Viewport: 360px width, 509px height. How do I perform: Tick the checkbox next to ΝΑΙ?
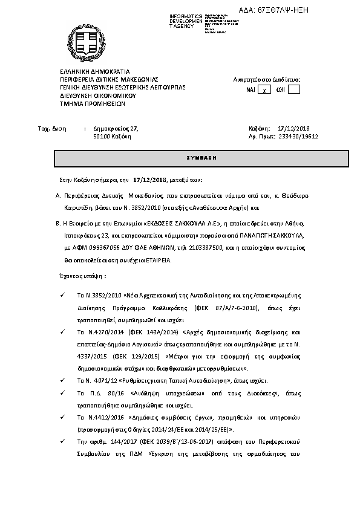(x=264, y=89)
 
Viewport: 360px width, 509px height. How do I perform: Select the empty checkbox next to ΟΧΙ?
(x=293, y=89)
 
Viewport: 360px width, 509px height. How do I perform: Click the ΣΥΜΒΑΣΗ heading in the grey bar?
(x=201, y=158)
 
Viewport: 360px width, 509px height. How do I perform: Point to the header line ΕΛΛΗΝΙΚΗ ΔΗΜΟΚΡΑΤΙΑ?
(x=91, y=71)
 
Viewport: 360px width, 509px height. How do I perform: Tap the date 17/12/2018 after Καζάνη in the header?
(x=293, y=128)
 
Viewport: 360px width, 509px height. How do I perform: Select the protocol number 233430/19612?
(x=298, y=137)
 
